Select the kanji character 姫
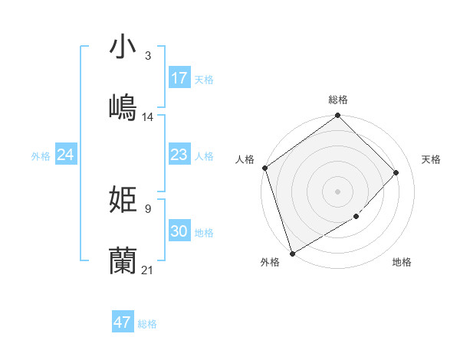pos(123,199)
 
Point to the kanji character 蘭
pos(123,260)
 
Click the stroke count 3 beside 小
pos(148,56)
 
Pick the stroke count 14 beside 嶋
pos(148,117)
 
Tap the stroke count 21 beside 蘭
pos(148,270)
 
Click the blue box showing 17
pos(179,78)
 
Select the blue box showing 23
pos(179,155)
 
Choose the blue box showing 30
pos(179,231)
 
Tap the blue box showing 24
pos(66,155)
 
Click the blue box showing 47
pos(123,322)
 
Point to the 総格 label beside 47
pos(148,324)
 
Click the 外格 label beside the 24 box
pos(41,156)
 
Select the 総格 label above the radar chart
pos(338,100)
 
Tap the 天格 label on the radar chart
pos(432,159)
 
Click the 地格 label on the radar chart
pos(402,263)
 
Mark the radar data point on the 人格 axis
pos(265,169)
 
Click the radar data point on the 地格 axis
pos(356,217)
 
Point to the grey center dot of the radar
pos(338,191)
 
